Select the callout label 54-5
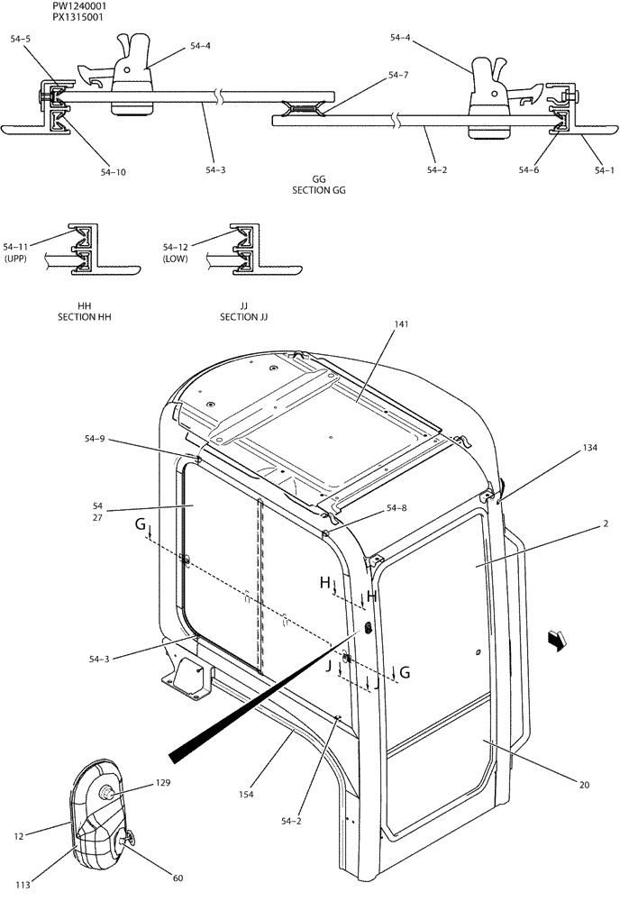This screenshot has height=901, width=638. [x=20, y=39]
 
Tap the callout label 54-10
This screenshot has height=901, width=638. [x=114, y=171]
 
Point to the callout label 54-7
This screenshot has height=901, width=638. [x=398, y=75]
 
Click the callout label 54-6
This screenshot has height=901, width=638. [x=531, y=168]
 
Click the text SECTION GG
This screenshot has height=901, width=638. [x=319, y=190]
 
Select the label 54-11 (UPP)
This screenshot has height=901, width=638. [x=17, y=251]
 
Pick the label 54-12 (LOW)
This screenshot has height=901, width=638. [x=175, y=251]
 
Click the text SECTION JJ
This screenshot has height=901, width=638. [x=244, y=317]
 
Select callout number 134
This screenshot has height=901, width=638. [x=588, y=447]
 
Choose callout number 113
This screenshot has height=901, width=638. [x=23, y=885]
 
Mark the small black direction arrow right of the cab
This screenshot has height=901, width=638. [x=558, y=639]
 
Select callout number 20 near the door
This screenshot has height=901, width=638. [x=584, y=785]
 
